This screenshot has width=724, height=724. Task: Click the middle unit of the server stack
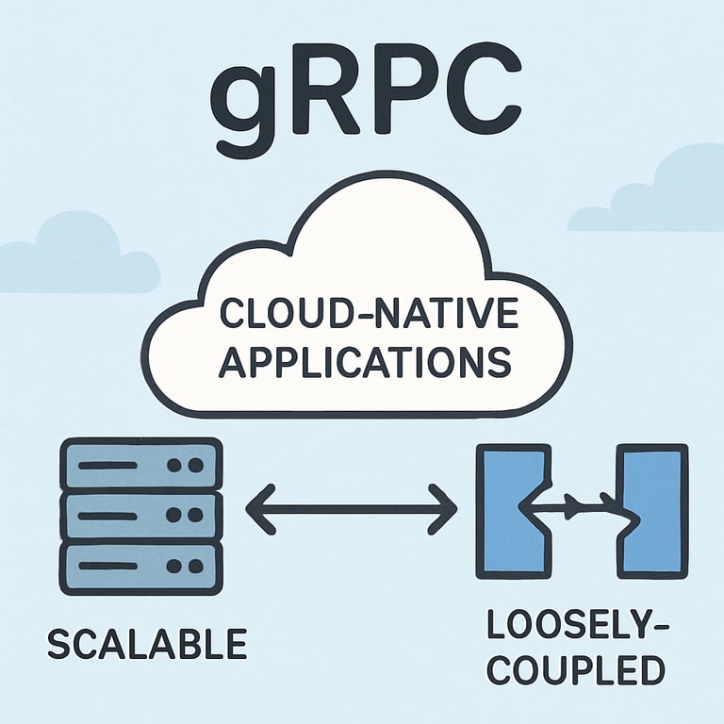click(x=140, y=515)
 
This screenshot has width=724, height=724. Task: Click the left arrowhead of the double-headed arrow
click(x=256, y=511)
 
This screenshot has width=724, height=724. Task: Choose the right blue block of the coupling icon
click(x=651, y=510)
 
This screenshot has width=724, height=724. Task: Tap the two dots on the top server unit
click(x=189, y=466)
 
